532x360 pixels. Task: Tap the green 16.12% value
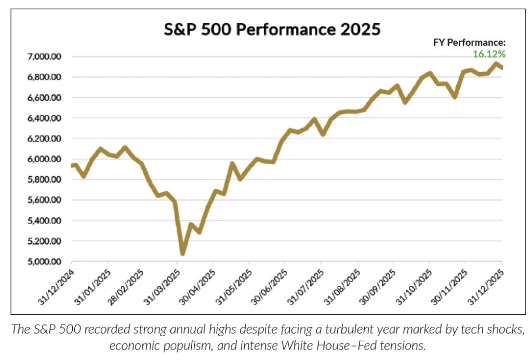(489, 54)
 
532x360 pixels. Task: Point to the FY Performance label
(470, 43)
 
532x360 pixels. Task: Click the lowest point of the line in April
(183, 253)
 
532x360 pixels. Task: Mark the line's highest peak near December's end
(496, 64)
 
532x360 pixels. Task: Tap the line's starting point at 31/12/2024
(72, 166)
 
